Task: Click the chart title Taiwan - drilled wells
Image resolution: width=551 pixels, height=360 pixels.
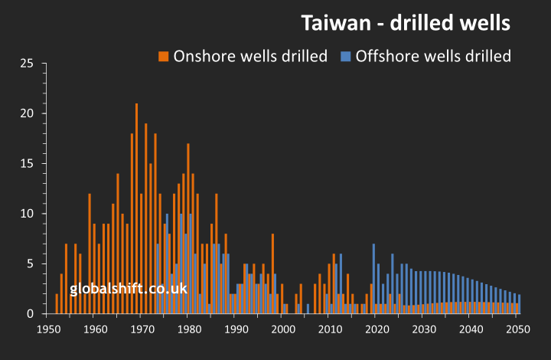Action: click(406, 23)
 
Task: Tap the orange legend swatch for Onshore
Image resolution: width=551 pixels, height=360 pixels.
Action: click(163, 57)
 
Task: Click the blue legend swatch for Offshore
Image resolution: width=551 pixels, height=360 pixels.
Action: click(345, 57)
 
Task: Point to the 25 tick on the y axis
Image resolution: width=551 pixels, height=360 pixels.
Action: click(28, 64)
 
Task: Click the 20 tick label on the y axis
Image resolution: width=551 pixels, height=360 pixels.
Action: click(28, 113)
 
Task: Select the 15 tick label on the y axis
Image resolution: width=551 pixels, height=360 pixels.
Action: click(28, 164)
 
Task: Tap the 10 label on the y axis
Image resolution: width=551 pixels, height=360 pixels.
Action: click(28, 214)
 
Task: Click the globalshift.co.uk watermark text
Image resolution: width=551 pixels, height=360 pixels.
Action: click(129, 289)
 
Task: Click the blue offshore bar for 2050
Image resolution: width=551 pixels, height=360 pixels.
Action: click(520, 304)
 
